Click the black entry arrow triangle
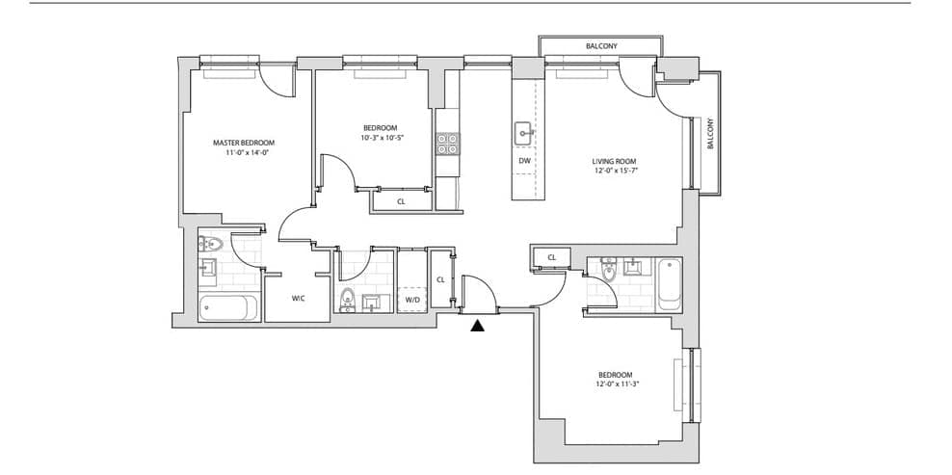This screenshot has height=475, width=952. tap(479, 326)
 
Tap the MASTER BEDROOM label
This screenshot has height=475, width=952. tap(244, 143)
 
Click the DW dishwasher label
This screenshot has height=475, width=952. tap(524, 161)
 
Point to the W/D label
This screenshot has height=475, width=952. tap(411, 300)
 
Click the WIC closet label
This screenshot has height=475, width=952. tap(298, 299)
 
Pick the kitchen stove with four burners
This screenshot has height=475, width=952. tap(447, 144)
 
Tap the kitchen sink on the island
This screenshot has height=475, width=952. tap(524, 134)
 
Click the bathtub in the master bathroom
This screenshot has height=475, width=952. tap(224, 308)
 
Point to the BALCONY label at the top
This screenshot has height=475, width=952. tap(601, 46)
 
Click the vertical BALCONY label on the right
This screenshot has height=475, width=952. tap(710, 134)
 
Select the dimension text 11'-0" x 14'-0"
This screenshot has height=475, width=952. tap(244, 153)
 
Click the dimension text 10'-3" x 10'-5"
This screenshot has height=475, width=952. tap(380, 137)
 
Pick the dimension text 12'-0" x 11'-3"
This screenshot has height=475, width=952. tap(615, 384)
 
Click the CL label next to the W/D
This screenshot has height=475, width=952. tap(440, 279)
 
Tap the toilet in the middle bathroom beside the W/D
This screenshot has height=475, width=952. tap(347, 300)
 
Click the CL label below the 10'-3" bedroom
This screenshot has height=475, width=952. tap(401, 201)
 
